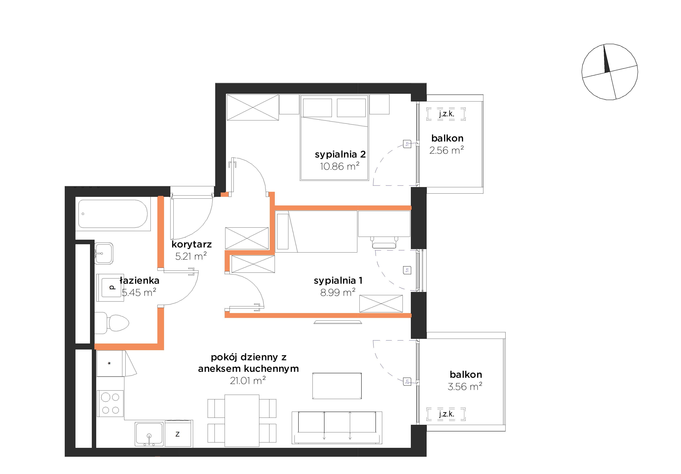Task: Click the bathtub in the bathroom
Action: tap(113, 214)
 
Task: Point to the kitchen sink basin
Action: tap(149, 434)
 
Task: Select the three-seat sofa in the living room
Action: tap(337, 428)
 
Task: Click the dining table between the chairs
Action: tap(242, 420)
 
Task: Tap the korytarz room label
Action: tap(192, 244)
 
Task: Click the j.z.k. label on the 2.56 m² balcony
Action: tap(446, 114)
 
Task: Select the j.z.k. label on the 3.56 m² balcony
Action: tap(446, 414)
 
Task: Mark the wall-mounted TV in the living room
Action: tap(338, 322)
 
